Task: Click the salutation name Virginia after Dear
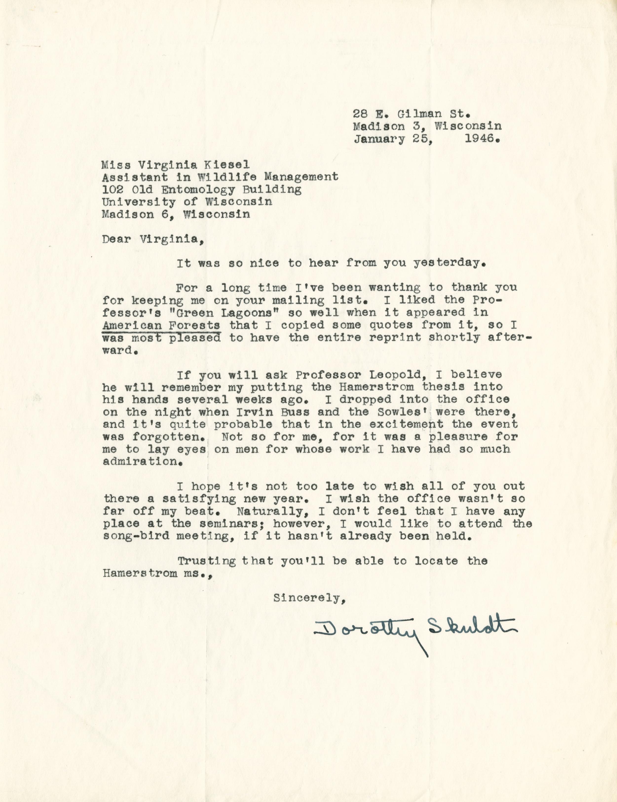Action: click(171, 239)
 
